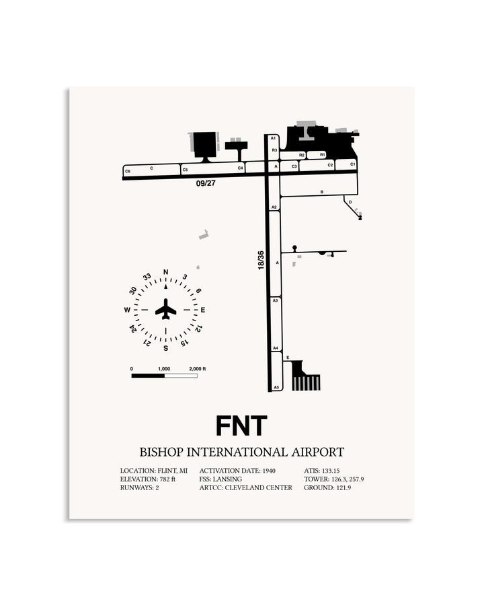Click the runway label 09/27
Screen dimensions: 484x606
click(x=206, y=183)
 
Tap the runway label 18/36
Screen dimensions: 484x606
click(x=261, y=260)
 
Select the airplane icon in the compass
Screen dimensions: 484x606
click(x=165, y=309)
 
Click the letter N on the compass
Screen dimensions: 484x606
click(x=165, y=272)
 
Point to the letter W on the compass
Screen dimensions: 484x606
click(x=127, y=310)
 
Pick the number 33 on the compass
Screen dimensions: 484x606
click(x=147, y=277)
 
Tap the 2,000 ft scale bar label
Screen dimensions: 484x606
click(x=197, y=369)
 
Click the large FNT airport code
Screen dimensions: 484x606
click(x=241, y=426)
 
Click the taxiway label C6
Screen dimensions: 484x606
click(x=128, y=171)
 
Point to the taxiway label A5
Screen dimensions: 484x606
click(x=276, y=387)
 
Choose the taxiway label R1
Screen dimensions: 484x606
click(x=323, y=155)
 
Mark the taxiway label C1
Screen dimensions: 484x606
click(x=352, y=164)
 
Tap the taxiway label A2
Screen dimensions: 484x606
click(x=274, y=207)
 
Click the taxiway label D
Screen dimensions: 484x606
click(x=350, y=202)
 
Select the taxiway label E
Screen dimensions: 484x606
click(x=288, y=358)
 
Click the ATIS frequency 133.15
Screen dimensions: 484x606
click(x=331, y=471)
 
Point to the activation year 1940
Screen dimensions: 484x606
click(x=269, y=471)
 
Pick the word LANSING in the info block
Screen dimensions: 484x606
click(x=227, y=479)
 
